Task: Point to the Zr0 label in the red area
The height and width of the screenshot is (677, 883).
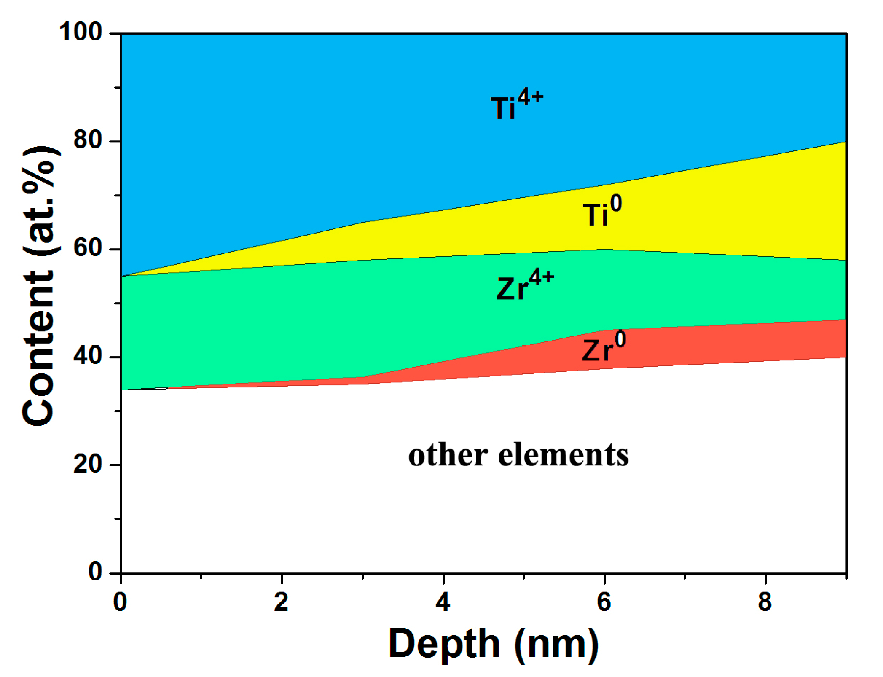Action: coord(604,347)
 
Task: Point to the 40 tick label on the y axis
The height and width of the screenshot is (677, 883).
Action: coord(88,356)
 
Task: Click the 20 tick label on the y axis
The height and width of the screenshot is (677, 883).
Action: coord(88,464)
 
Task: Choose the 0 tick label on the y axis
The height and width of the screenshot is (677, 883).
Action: coord(95,572)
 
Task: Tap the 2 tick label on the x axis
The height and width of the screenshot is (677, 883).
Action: coord(282,602)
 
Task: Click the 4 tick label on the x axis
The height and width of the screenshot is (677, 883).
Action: coord(443,602)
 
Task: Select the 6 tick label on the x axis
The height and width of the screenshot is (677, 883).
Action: coord(604,602)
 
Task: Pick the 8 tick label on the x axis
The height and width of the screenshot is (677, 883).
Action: coord(765,602)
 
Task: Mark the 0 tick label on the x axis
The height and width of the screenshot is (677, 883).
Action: coord(120,602)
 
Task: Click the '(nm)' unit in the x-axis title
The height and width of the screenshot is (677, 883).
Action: coord(556,644)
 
